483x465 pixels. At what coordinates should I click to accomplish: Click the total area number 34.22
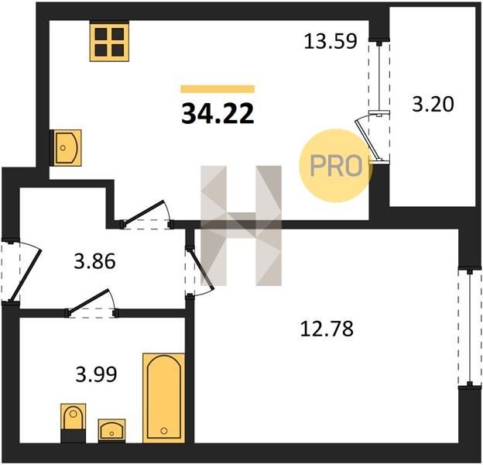(x=218, y=113)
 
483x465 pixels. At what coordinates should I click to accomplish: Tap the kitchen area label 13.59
(x=331, y=41)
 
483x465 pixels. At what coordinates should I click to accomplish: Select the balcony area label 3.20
(x=433, y=104)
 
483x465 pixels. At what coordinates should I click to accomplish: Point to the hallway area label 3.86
(x=95, y=261)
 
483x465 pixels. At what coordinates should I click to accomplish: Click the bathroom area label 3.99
(x=97, y=374)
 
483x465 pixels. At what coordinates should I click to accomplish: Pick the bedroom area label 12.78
(x=327, y=329)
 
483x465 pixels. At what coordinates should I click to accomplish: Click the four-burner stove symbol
(x=109, y=41)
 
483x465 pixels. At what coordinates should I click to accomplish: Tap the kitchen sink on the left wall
(x=66, y=148)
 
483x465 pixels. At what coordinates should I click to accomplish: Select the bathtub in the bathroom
(x=164, y=398)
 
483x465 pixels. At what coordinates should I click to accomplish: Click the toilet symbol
(x=73, y=422)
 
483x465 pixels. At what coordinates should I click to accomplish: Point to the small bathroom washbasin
(x=111, y=430)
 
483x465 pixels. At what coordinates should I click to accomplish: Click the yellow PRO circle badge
(x=335, y=166)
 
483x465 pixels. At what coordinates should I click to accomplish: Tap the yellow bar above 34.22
(x=218, y=89)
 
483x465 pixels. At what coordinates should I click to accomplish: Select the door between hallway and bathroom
(x=91, y=301)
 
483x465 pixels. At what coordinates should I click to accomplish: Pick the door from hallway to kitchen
(x=146, y=213)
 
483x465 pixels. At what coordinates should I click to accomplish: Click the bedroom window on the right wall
(x=469, y=328)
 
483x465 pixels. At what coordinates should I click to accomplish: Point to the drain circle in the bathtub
(x=164, y=430)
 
